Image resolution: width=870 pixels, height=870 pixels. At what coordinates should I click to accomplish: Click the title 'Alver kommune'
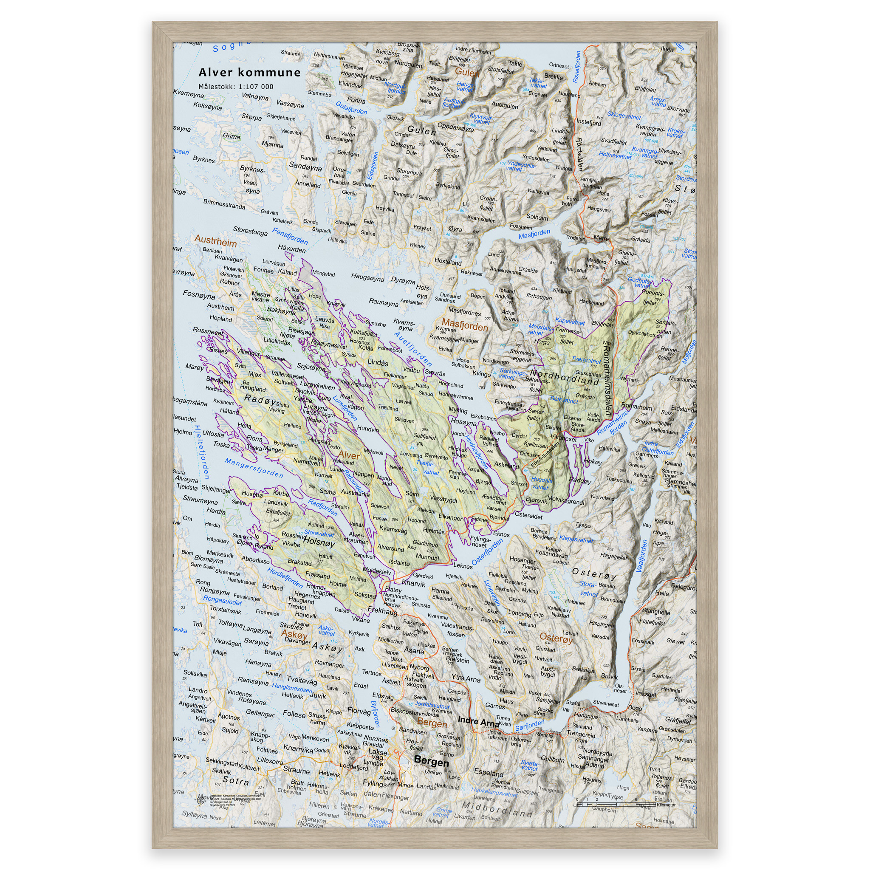click(249, 73)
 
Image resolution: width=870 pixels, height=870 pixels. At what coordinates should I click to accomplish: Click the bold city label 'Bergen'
click(431, 763)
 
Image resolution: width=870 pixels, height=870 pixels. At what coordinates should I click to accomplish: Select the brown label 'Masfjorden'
click(465, 324)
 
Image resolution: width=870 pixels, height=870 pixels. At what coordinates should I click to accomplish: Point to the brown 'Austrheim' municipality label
click(215, 242)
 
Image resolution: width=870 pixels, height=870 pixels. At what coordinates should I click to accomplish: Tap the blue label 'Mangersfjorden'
click(254, 468)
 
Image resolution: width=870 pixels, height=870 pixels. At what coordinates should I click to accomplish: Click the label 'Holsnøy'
click(319, 542)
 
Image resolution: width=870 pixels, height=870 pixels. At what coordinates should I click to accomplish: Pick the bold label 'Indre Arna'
click(478, 721)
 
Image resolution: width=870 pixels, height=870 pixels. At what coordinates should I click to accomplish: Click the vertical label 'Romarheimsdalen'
click(607, 381)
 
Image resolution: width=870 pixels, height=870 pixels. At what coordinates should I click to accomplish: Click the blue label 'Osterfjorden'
click(487, 552)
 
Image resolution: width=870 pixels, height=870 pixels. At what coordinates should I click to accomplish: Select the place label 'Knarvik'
click(413, 584)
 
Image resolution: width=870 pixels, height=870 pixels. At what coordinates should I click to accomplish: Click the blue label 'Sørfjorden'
click(530, 725)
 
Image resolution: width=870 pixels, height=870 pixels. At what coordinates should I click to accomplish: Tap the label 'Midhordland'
click(497, 810)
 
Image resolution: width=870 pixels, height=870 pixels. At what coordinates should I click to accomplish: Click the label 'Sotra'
click(235, 780)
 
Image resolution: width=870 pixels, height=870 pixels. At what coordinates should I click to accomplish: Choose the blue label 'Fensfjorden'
click(290, 236)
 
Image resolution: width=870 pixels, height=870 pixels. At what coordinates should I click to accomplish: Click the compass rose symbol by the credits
click(200, 800)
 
